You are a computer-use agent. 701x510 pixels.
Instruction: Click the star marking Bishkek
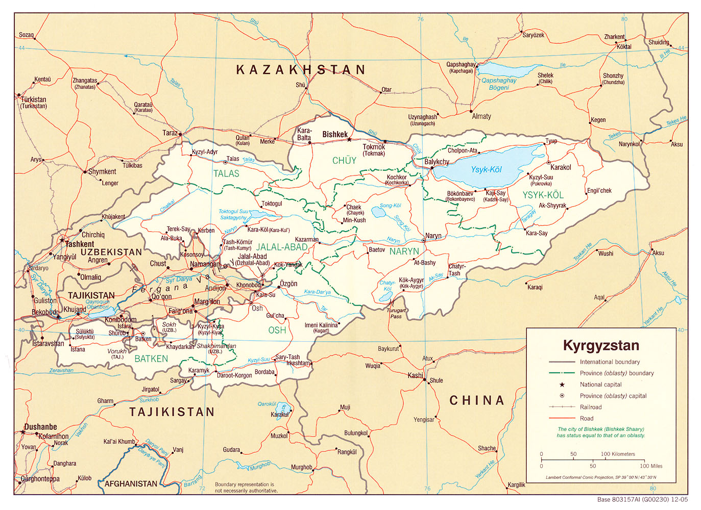(349, 139)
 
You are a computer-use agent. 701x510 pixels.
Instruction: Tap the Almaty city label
(481, 116)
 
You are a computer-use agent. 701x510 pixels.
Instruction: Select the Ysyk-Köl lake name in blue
(486, 169)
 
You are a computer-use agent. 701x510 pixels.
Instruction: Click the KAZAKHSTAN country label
(301, 70)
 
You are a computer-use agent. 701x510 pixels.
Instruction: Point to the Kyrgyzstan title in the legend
(601, 346)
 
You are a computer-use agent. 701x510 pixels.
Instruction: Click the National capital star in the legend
(562, 385)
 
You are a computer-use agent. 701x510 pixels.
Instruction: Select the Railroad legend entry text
(590, 407)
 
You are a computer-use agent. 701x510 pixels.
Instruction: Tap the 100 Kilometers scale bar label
(618, 454)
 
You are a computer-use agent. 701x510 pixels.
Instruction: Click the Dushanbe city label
(40, 427)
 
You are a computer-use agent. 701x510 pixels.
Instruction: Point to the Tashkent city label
(79, 244)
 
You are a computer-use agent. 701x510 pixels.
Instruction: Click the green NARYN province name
(404, 251)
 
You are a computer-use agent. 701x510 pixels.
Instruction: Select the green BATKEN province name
(151, 359)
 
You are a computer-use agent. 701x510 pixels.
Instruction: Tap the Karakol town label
(560, 167)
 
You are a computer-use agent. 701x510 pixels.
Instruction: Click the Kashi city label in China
(415, 375)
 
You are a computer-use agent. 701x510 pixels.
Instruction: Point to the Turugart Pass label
(396, 313)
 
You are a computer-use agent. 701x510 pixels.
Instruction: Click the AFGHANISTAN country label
(131, 483)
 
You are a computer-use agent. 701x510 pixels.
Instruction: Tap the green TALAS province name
(226, 174)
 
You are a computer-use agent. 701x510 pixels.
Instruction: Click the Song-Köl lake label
(390, 206)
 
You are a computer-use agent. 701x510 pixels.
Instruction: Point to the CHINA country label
(477, 401)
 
